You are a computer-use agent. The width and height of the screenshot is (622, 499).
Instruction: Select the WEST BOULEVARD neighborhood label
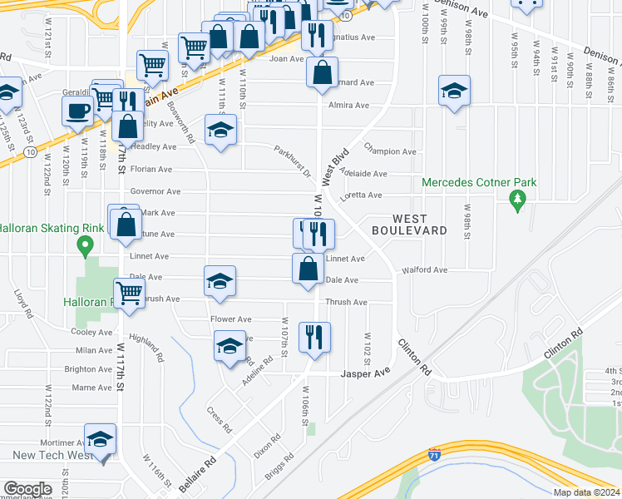tap(409, 224)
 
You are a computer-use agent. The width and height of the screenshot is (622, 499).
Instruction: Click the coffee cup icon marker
tap(79, 110)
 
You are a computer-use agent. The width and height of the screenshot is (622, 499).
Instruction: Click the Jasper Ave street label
tap(365, 374)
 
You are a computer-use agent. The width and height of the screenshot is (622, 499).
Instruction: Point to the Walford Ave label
tap(424, 270)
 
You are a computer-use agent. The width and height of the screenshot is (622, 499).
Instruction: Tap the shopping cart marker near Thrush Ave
tap(129, 293)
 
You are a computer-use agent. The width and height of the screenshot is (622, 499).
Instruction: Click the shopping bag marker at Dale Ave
tap(309, 269)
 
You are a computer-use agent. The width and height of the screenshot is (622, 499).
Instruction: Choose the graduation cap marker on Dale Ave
tap(220, 281)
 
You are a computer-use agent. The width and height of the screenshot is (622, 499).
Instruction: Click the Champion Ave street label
tap(390, 151)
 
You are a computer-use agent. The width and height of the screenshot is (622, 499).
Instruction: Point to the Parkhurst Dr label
tap(292, 162)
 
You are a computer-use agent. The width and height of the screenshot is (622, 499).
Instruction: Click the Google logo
tap(27, 489)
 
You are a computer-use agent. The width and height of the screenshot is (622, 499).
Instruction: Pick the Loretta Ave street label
tap(362, 195)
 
